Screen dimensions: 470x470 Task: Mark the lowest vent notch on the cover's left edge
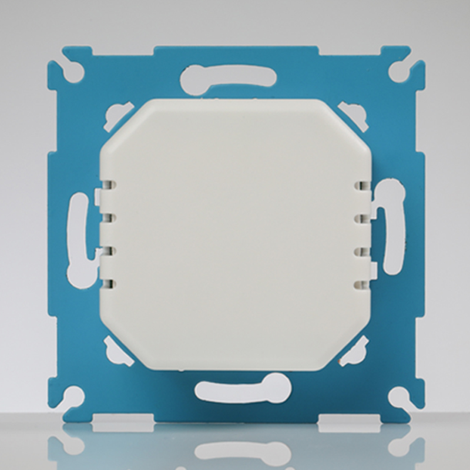point(107,285)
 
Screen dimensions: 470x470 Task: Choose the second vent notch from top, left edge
point(107,219)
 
